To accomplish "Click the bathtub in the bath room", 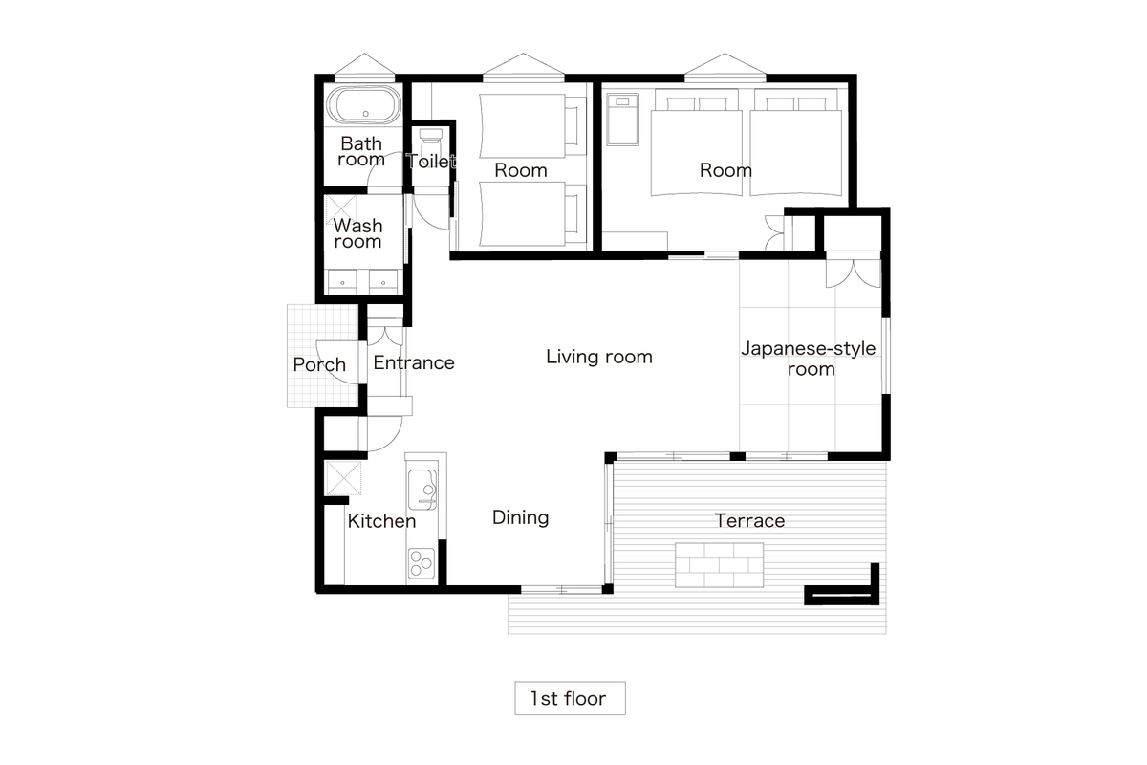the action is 364,105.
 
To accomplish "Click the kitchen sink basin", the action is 422,490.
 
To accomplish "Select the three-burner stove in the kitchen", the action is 422,563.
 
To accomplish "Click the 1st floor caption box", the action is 570,698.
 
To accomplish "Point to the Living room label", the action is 599,357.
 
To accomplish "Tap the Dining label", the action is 520,517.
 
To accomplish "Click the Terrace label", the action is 749,520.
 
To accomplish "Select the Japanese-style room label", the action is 809,359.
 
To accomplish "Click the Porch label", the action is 319,365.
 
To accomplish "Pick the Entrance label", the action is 414,362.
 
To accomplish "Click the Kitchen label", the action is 381,521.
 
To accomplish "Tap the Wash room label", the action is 357,233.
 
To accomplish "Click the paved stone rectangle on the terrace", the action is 719,564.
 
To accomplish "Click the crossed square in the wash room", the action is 340,210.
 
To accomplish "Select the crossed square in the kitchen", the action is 343,478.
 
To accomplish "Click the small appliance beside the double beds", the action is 622,120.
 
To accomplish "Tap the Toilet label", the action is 431,161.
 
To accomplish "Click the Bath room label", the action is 361,151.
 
